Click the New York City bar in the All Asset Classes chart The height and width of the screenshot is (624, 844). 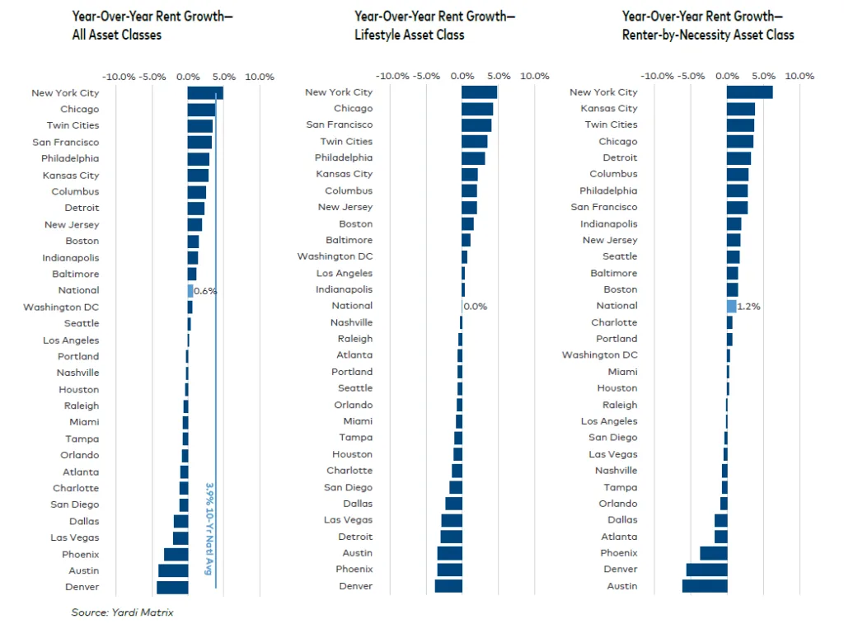[x=205, y=93]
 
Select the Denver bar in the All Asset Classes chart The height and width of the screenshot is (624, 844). [x=172, y=587]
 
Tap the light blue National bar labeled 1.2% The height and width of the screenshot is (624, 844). [x=731, y=306]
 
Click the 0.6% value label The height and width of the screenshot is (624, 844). [x=205, y=290]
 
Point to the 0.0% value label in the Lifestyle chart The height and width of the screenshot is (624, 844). [x=476, y=306]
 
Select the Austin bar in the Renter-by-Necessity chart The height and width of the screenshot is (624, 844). [x=705, y=586]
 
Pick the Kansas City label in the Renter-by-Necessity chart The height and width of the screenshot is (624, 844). [x=609, y=108]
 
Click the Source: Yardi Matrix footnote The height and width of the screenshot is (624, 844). [x=122, y=612]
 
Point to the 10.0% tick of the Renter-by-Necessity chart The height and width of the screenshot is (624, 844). [x=799, y=76]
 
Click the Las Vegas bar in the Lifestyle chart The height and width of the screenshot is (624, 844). [x=452, y=520]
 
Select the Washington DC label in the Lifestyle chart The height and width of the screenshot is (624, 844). [x=335, y=256]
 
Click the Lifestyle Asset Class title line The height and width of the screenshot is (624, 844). [x=410, y=35]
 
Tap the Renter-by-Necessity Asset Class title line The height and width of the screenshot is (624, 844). [x=708, y=35]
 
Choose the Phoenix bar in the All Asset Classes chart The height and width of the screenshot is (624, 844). [x=176, y=554]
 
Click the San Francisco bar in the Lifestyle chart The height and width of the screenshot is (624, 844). [x=476, y=124]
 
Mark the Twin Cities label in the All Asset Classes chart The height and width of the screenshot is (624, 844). [x=73, y=125]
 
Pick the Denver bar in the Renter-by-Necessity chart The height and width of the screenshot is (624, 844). [x=706, y=570]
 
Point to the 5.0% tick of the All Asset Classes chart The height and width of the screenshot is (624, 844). [x=224, y=77]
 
